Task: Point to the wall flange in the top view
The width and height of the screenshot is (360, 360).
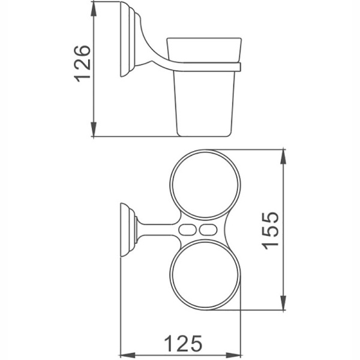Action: [127, 230]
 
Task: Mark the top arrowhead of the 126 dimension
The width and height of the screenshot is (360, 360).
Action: [94, 8]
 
